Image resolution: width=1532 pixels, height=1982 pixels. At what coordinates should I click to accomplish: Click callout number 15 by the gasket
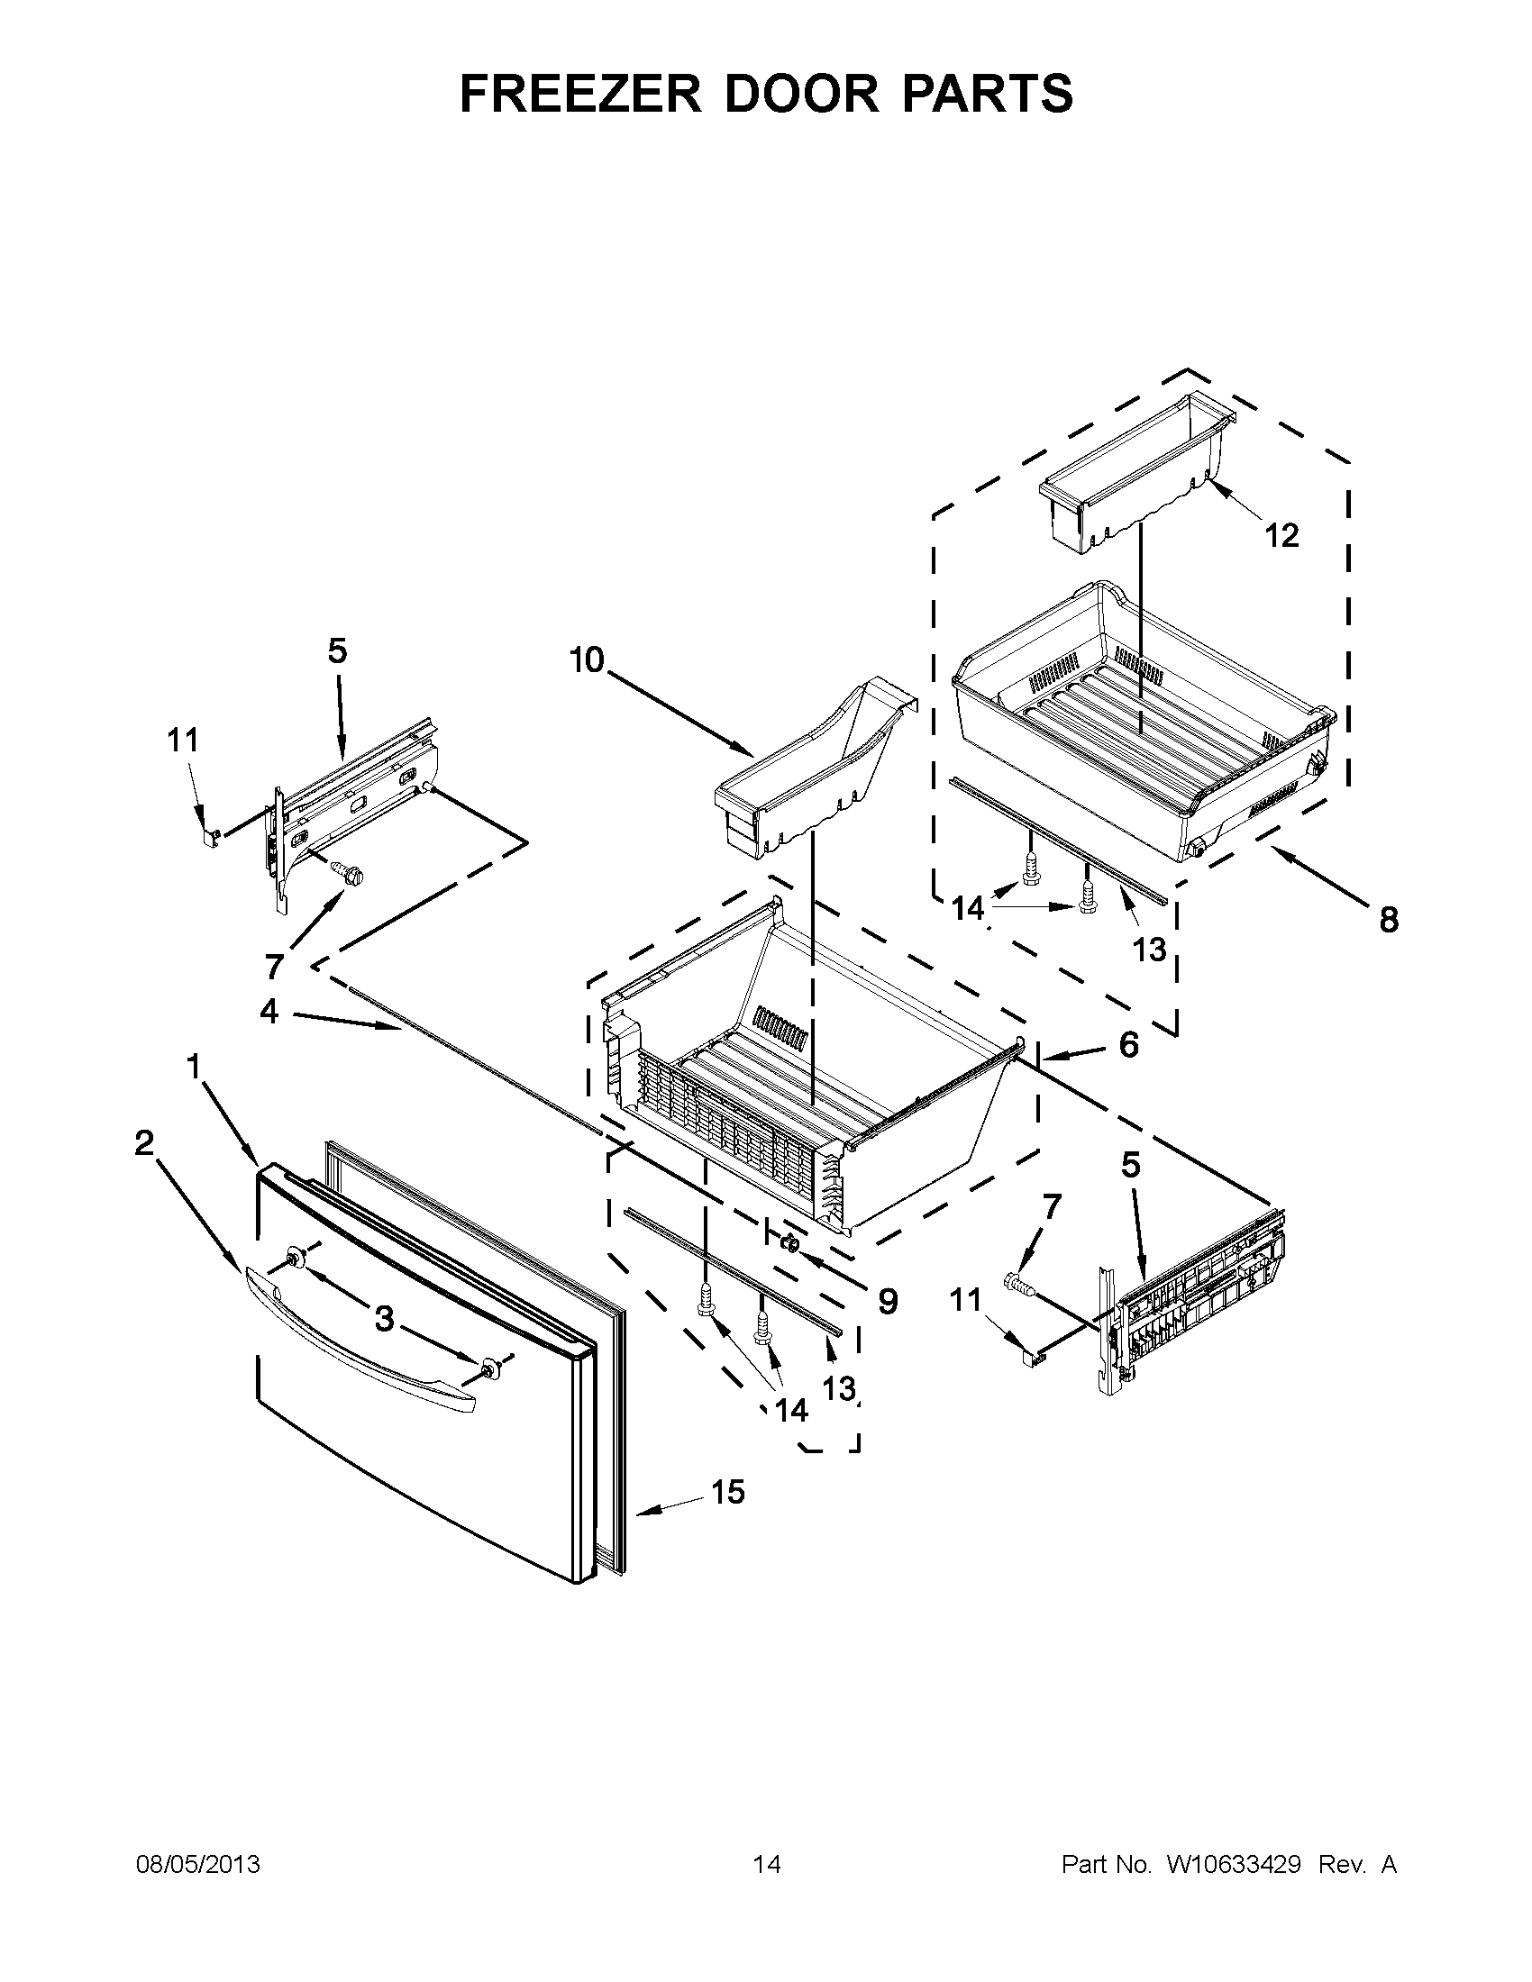(x=728, y=1491)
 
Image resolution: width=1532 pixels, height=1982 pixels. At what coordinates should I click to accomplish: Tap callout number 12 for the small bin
(x=1281, y=534)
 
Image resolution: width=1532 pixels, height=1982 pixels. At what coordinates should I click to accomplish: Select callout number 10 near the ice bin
(x=588, y=659)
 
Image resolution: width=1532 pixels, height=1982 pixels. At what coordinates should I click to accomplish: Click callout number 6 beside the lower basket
(x=1128, y=1044)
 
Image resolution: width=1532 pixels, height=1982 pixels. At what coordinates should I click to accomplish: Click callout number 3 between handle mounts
(x=385, y=1319)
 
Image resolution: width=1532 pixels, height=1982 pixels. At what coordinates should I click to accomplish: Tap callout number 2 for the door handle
(x=144, y=1143)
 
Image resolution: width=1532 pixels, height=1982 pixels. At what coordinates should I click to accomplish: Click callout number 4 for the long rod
(x=269, y=1010)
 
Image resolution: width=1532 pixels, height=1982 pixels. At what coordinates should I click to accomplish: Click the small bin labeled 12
(x=1135, y=463)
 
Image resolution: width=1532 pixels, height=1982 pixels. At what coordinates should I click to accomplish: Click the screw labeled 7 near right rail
(x=1019, y=1283)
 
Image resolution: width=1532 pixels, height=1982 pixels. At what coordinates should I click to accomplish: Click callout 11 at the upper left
(x=182, y=741)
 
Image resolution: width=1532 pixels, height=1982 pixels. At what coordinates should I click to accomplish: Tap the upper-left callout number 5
(x=337, y=650)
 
